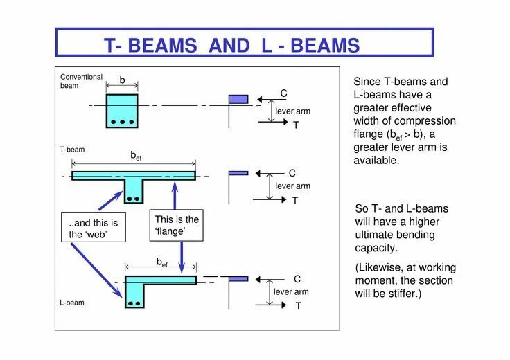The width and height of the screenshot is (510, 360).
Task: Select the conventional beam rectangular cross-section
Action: pos(122,111)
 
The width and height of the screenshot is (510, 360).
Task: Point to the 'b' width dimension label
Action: pos(122,80)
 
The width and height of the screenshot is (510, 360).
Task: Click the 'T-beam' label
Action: pos(72,150)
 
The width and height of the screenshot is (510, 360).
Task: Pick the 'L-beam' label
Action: pos(72,303)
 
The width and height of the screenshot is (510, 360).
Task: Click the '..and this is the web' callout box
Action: pos(94,229)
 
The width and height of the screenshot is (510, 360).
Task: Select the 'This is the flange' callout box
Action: pos(177,226)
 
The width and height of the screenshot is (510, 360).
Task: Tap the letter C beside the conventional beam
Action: pos(283,93)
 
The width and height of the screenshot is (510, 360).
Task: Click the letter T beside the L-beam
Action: pos(298,306)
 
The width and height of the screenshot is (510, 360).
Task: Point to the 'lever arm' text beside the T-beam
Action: pos(292,186)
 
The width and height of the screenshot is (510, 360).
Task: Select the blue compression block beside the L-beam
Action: pos(238,279)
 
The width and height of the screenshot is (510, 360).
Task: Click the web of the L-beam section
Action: pos(134,296)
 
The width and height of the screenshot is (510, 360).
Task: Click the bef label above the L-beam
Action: pos(161,262)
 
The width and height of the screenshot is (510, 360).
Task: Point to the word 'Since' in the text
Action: pos(367,82)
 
